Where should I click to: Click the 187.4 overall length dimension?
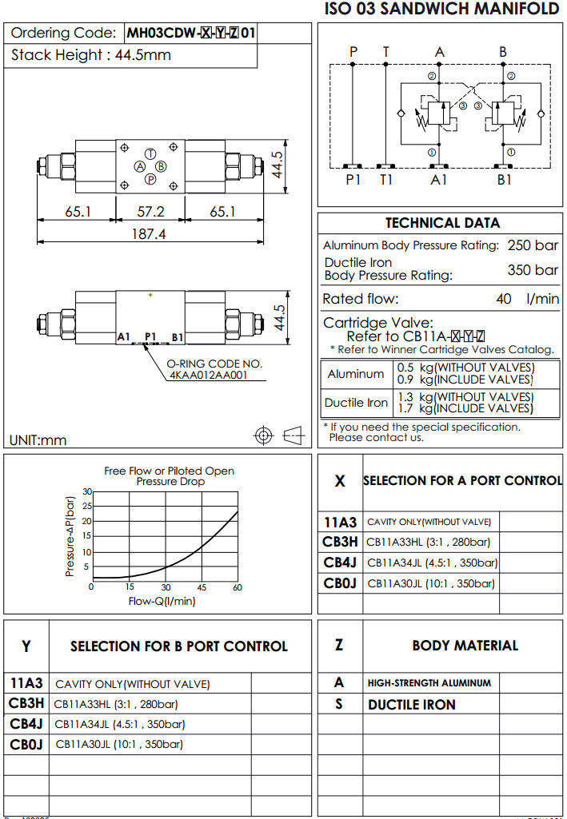tap(150, 234)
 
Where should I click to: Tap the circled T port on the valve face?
tap(150, 153)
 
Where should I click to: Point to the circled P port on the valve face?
tap(150, 179)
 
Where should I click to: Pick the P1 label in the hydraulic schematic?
tap(353, 180)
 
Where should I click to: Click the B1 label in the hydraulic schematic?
tap(504, 180)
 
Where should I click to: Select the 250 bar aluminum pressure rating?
tap(533, 245)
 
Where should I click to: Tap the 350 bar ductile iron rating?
tap(533, 270)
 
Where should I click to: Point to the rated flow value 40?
tap(503, 299)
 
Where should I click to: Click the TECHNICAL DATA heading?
tap(442, 223)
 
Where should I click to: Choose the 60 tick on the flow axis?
tap(238, 587)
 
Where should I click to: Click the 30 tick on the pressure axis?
tap(87, 491)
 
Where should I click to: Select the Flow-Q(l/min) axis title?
tap(162, 602)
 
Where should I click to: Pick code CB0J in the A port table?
tap(340, 583)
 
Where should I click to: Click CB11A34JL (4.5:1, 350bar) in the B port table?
tap(119, 725)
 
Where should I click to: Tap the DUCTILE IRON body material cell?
tap(411, 705)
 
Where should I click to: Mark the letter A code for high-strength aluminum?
tap(339, 683)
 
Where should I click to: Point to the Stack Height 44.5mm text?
tap(91, 55)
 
